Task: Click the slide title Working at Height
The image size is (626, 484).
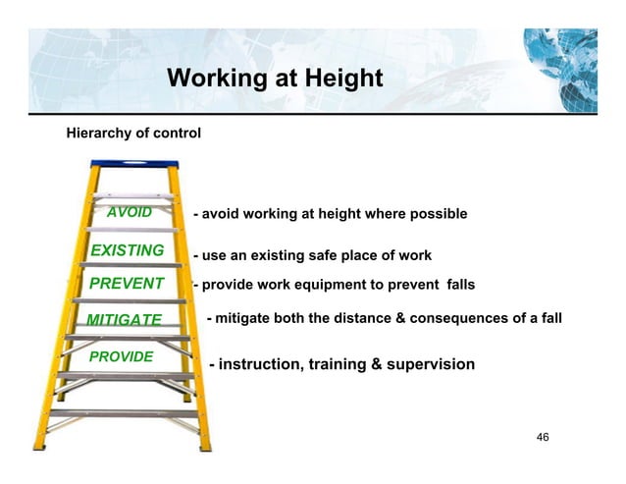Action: click(x=275, y=78)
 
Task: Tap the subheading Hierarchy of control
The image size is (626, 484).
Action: click(x=132, y=132)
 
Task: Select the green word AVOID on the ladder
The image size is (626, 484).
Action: click(x=130, y=212)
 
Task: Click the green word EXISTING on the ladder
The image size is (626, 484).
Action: click(x=127, y=250)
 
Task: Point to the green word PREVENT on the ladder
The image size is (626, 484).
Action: click(x=127, y=285)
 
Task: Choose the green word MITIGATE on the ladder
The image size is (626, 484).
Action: click(x=124, y=320)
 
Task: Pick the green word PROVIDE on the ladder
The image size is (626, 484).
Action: click(x=122, y=356)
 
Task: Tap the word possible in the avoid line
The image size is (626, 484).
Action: click(x=436, y=214)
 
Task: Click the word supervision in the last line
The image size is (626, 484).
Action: click(x=429, y=365)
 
